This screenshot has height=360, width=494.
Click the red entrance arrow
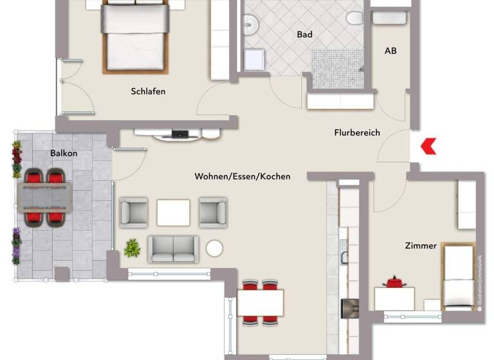[428, 147]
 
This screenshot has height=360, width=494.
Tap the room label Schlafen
[148, 91]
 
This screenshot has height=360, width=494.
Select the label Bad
[304, 35]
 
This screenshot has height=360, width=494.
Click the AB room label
[390, 50]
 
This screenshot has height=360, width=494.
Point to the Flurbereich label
[357, 132]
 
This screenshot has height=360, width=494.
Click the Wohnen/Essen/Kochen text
[242, 176]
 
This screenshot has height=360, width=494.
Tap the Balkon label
[64, 153]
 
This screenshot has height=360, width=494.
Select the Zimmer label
[421, 246]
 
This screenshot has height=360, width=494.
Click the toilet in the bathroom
[354, 18]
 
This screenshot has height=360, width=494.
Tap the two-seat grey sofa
[172, 249]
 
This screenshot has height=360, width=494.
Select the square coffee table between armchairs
[173, 212]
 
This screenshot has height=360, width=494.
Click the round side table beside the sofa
[214, 248]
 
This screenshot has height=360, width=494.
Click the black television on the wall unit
[179, 134]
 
